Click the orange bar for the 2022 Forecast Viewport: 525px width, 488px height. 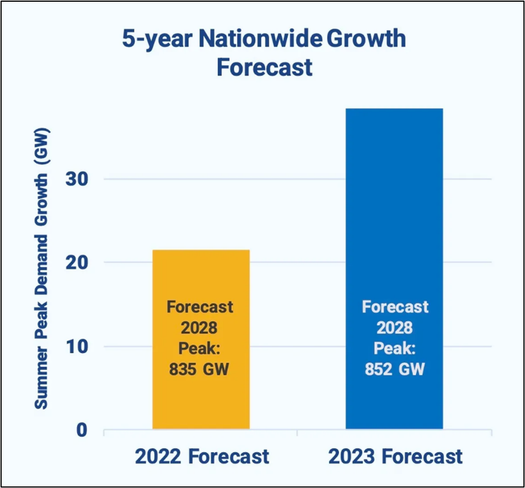(x=201, y=278)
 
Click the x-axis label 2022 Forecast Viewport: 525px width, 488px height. (x=202, y=456)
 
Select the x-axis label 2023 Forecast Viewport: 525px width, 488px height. (x=395, y=456)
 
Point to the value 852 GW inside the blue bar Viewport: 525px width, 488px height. (x=394, y=369)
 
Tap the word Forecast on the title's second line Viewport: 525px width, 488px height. (x=264, y=67)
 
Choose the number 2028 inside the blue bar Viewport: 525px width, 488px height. (x=394, y=327)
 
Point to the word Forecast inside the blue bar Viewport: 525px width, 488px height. (x=395, y=306)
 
